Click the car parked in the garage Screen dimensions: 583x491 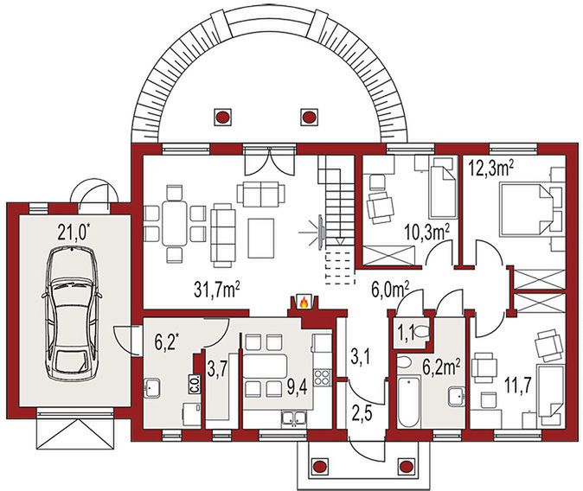72,314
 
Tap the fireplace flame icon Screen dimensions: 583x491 304,303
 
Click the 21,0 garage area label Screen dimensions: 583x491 74,233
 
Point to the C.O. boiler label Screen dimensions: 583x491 195,383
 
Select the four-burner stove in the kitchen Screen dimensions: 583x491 322,377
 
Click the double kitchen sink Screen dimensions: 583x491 294,418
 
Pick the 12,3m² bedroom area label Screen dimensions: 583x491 490,169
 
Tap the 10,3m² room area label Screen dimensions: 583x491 427,233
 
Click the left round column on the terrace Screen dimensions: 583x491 222,117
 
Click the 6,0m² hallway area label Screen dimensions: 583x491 390,290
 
